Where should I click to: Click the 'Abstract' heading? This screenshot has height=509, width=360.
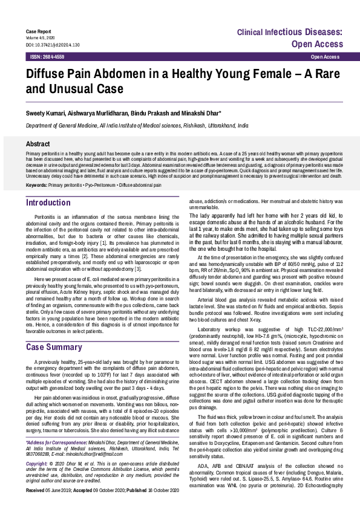tap(38, 144)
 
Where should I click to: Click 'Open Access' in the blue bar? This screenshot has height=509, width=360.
tap(324, 56)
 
